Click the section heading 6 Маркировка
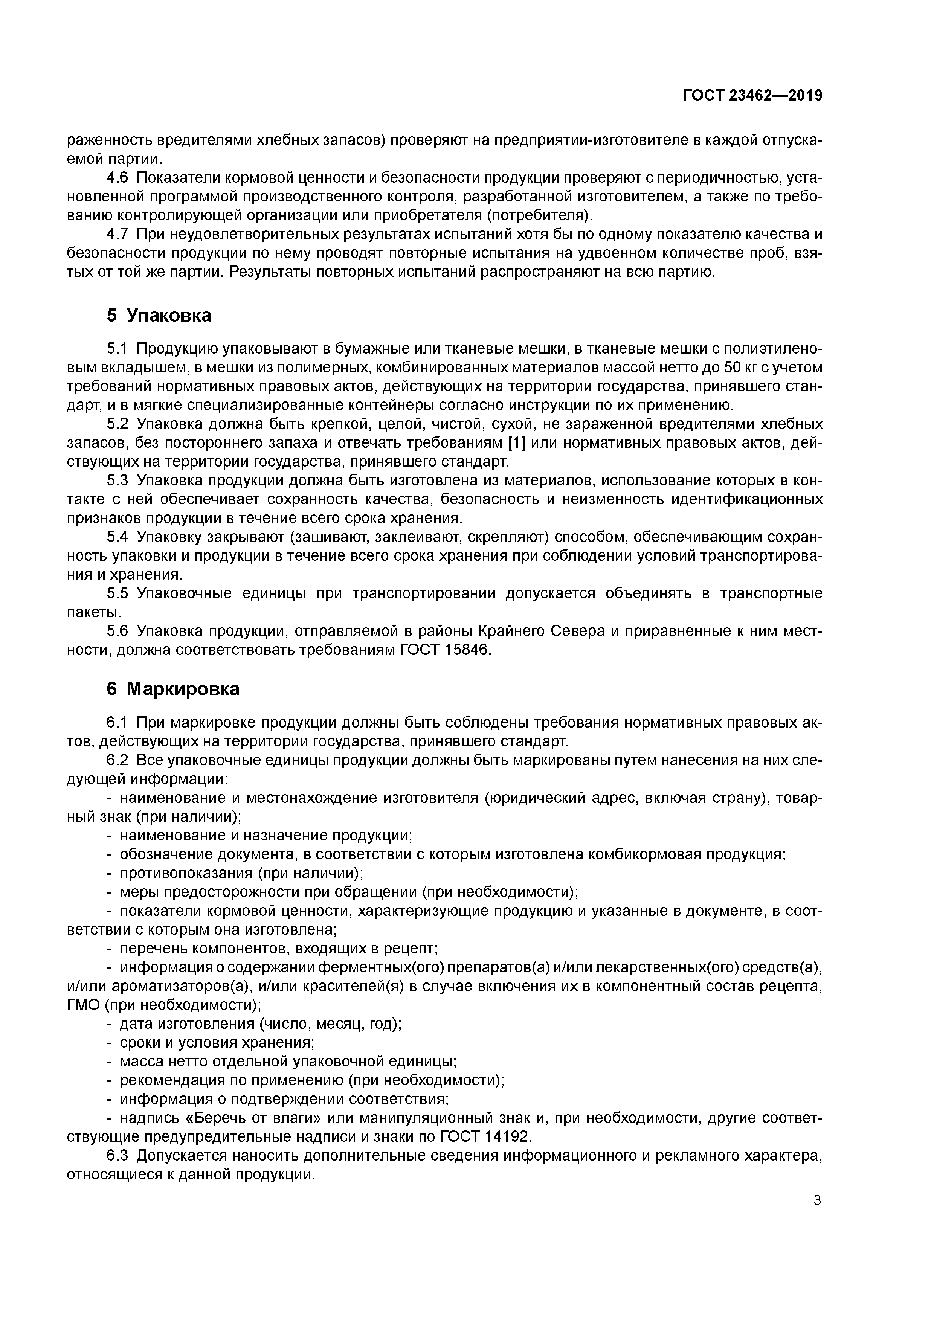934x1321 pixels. click(172, 689)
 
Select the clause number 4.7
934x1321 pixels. click(119, 234)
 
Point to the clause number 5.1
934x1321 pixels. click(119, 349)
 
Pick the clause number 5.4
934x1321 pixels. click(119, 537)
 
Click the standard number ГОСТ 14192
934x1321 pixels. click(485, 1137)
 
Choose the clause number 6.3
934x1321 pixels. click(119, 1156)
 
